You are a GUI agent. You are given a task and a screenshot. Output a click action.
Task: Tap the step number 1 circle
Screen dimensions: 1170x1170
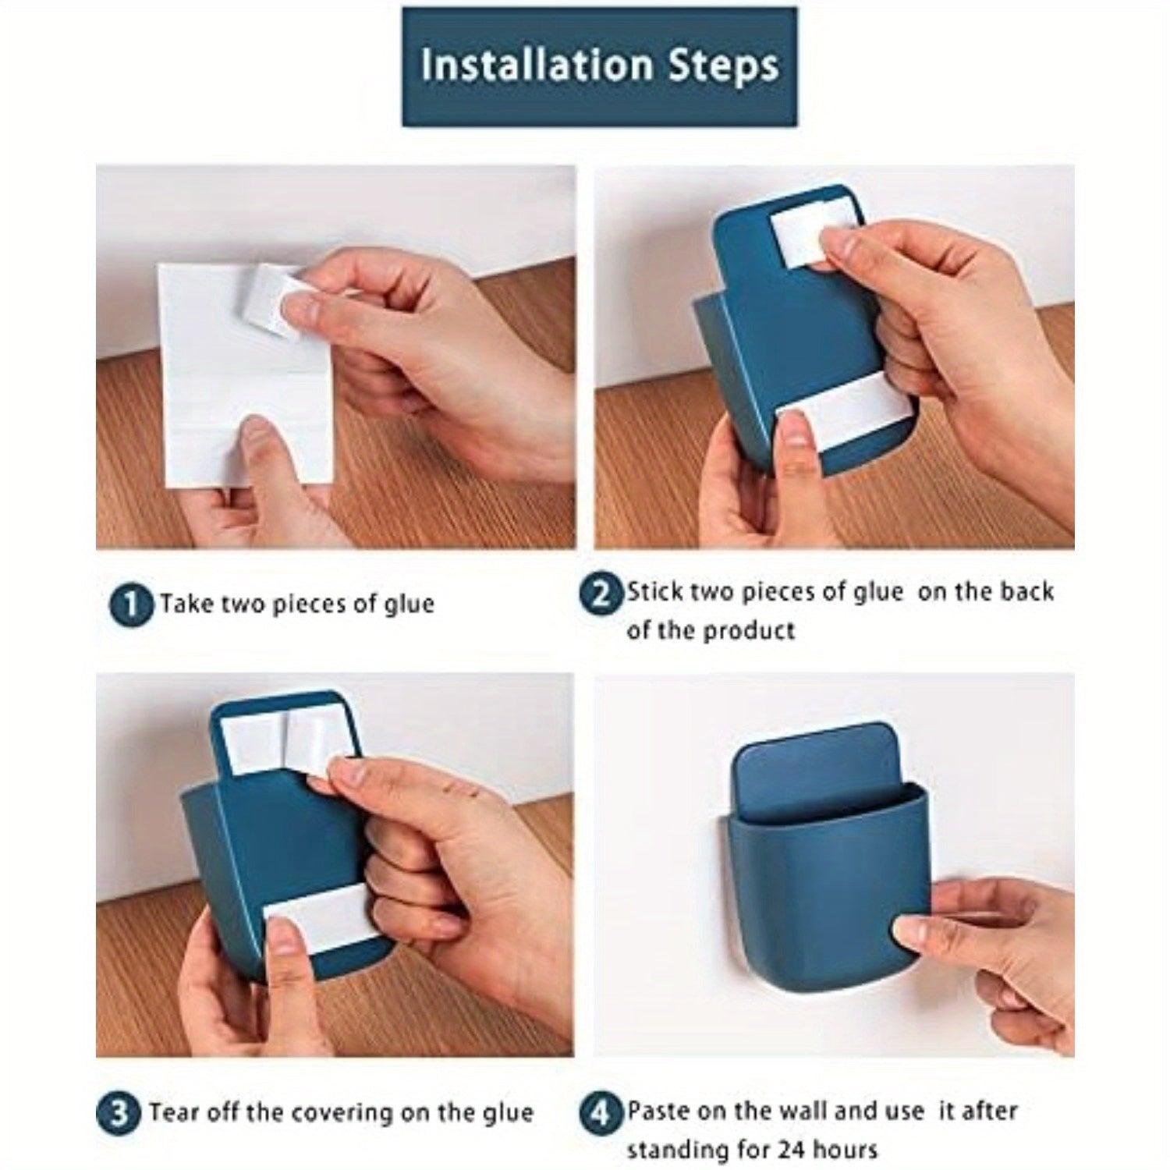[131, 604]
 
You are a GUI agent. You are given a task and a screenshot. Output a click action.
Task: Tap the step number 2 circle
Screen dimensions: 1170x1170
[600, 594]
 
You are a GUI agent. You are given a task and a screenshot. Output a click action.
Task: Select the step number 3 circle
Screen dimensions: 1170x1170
[118, 1112]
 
